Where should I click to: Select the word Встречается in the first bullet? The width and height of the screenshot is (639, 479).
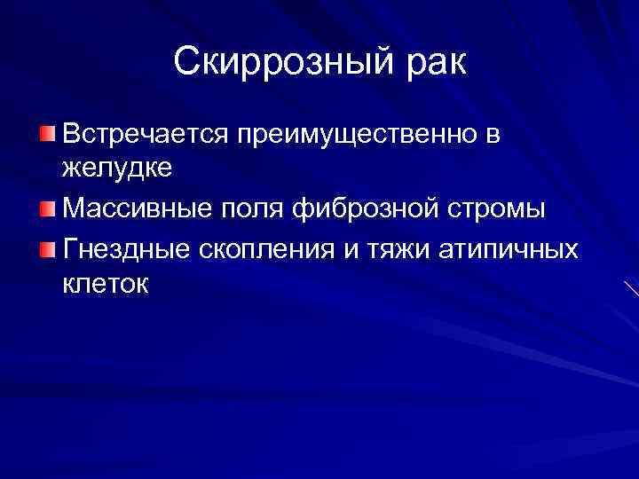(x=144, y=135)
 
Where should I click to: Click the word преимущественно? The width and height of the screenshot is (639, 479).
(x=355, y=137)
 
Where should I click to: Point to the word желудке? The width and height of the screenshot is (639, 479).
(x=110, y=168)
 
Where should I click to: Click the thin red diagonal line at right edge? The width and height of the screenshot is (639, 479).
(x=631, y=289)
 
